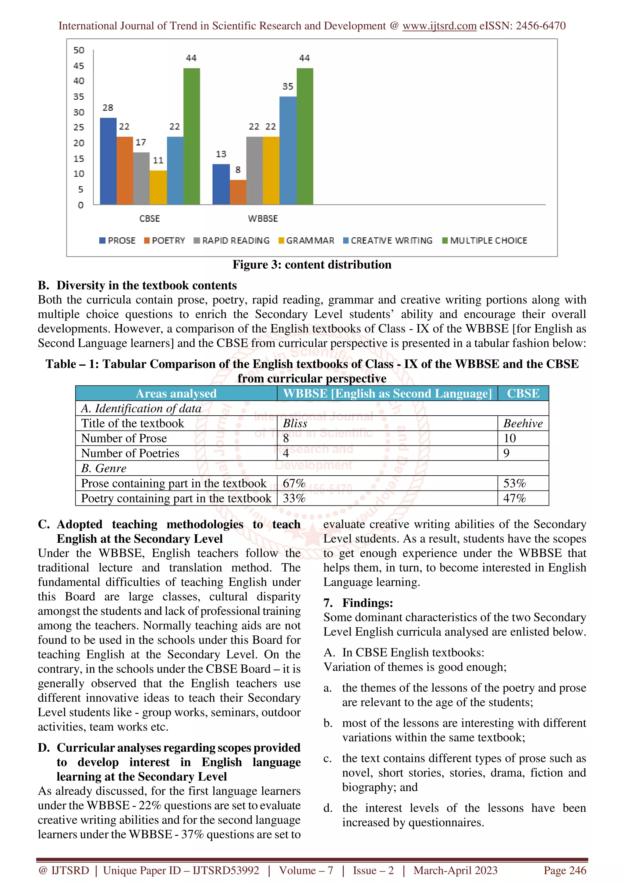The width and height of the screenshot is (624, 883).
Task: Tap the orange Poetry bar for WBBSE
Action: point(238,192)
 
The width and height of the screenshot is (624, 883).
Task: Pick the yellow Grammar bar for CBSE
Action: point(158,187)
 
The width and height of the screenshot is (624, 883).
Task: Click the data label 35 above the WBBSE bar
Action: point(288,87)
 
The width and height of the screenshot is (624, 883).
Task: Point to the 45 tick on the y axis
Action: point(79,66)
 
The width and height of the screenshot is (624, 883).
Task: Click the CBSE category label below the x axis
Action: point(150,218)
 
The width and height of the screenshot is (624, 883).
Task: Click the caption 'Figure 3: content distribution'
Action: point(312,264)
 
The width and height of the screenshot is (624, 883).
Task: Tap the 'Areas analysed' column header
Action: point(176,393)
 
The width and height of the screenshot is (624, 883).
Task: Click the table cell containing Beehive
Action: point(523,424)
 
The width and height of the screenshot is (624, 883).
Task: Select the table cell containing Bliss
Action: point(295,424)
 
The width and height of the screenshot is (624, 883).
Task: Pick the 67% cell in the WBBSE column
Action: point(294,484)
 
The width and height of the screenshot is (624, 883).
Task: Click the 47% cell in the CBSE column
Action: point(514,498)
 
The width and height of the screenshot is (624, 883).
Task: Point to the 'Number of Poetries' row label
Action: point(130,453)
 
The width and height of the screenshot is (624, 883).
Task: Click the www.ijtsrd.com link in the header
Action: point(439,26)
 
